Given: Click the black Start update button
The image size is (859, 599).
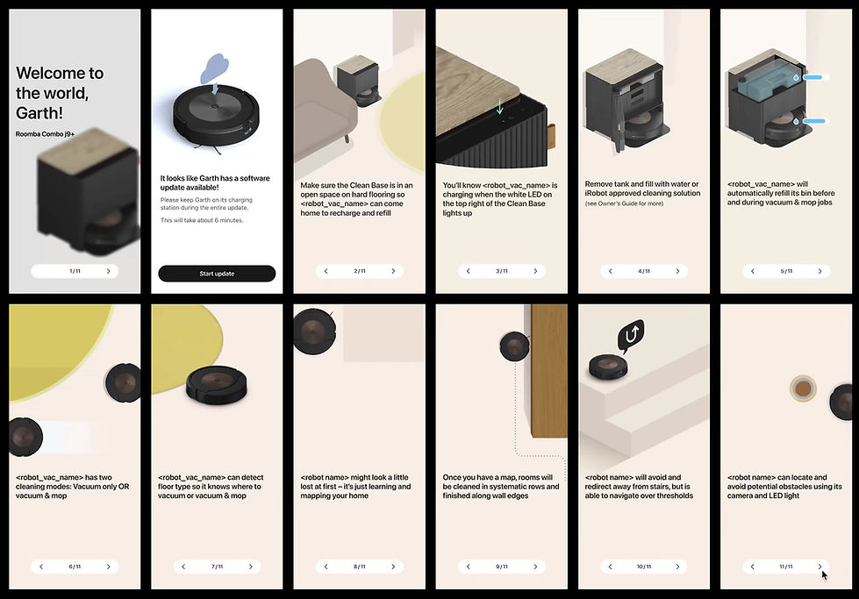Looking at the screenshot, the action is [x=217, y=274].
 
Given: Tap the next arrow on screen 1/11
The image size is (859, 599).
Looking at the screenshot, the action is [x=109, y=271].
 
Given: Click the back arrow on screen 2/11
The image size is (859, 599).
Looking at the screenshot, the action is [x=326, y=271].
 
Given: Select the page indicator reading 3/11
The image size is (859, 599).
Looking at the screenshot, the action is [x=502, y=271].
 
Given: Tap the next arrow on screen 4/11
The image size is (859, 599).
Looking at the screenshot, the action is [x=677, y=271].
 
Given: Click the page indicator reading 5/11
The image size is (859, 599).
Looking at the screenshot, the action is [x=786, y=271].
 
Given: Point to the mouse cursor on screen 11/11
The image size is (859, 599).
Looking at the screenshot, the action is [x=825, y=575].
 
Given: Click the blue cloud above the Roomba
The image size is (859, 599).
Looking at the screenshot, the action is [x=215, y=68].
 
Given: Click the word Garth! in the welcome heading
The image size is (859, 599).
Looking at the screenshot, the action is [x=39, y=113].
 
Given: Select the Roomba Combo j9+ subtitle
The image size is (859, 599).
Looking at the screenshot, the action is [x=45, y=134].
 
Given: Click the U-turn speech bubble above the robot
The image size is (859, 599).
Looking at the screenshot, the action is [x=631, y=334].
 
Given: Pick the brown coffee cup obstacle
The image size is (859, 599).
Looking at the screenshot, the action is [x=803, y=389].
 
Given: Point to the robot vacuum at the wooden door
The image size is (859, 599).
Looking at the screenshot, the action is [x=514, y=346].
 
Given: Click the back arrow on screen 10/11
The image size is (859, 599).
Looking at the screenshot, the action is [x=611, y=567].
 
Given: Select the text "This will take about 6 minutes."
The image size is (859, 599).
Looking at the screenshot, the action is [x=202, y=220].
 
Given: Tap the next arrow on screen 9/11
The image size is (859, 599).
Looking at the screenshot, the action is [x=535, y=567].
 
